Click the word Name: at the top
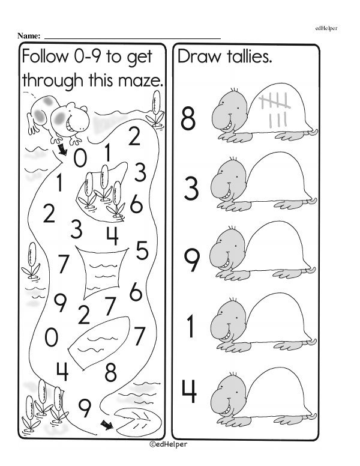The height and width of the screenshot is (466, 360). (29, 36)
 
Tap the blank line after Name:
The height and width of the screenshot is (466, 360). (133, 38)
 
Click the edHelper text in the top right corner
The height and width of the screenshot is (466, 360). (326, 29)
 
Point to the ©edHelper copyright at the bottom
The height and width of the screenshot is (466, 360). (168, 444)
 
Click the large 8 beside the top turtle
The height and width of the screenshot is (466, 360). (188, 119)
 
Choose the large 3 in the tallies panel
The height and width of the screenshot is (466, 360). (191, 189)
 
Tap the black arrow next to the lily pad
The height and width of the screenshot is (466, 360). (107, 425)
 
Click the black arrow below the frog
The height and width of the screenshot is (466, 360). (62, 150)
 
